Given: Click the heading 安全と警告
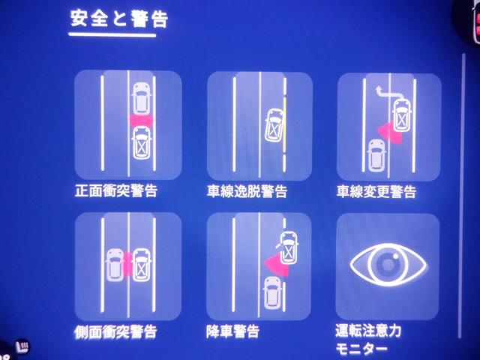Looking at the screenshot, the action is click(119, 19).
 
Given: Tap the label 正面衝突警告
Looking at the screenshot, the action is click(116, 190).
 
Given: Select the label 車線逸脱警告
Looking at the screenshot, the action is click(247, 191).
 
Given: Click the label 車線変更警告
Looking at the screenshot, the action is click(376, 192).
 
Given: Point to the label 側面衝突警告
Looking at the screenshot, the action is click(115, 331).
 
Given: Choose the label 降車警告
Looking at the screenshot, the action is click(233, 331).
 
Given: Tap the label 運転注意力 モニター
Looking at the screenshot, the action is click(368, 340).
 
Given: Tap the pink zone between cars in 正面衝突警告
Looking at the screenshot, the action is click(142, 121).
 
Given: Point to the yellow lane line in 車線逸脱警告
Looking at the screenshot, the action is click(285, 124).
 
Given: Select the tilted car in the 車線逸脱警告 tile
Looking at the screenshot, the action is click(274, 125).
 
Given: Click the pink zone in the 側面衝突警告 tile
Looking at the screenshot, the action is click(128, 265).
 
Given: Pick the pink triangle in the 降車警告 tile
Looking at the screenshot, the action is click(277, 264).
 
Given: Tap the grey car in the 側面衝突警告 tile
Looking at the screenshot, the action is click(115, 265).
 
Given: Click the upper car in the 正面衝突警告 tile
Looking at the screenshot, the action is click(142, 98).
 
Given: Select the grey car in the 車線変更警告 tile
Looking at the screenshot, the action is click(376, 155).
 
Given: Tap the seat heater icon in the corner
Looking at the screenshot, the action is click(23, 346).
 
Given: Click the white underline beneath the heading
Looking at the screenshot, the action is click(112, 35).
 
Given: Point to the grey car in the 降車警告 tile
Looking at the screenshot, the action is click(271, 292).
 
